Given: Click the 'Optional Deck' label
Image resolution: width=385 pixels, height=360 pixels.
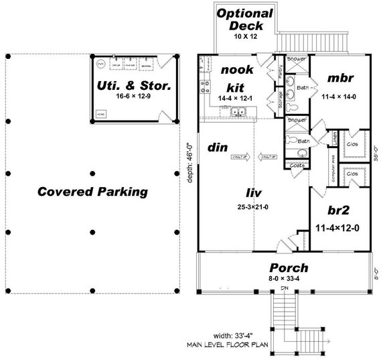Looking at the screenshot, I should pos(245,19).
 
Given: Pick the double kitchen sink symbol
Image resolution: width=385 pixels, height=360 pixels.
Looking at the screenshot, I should pos(240,113).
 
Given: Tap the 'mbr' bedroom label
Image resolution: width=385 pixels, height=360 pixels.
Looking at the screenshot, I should pos(339,78).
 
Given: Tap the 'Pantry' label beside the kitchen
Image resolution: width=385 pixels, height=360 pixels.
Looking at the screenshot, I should pos(279,74).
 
